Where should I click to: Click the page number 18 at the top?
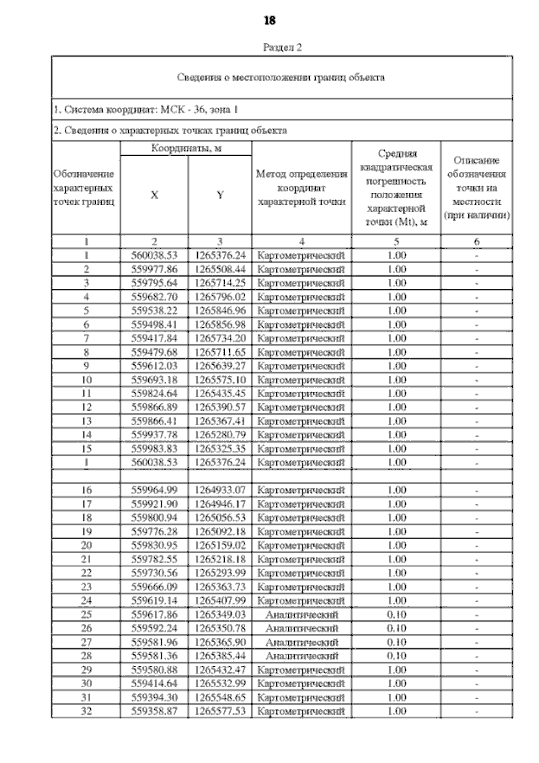click(x=270, y=20)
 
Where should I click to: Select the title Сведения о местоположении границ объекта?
click(x=280, y=78)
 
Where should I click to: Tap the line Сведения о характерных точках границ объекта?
click(x=169, y=131)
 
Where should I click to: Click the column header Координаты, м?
click(x=186, y=148)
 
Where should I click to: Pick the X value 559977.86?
click(x=154, y=269)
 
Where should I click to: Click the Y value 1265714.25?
click(x=220, y=282)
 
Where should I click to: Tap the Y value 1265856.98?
click(x=220, y=325)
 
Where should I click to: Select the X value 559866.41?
click(x=154, y=421)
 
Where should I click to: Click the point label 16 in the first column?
click(x=87, y=491)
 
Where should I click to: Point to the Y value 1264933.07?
click(x=220, y=491)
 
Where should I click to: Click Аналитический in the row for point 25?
click(x=302, y=615)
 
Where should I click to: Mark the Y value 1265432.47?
click(x=220, y=670)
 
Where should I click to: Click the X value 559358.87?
click(x=154, y=712)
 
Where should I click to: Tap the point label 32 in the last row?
click(x=87, y=712)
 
